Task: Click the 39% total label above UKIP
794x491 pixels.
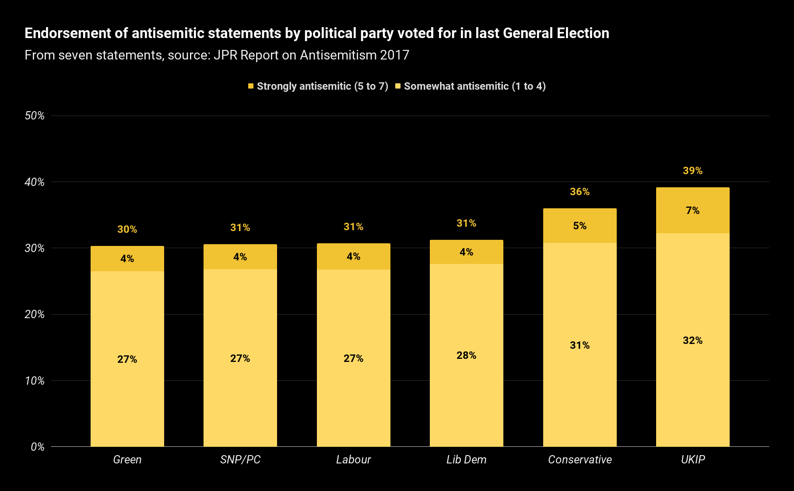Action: pos(692,171)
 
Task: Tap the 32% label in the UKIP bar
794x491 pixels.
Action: pos(692,340)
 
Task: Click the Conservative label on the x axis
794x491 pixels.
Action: pos(580,459)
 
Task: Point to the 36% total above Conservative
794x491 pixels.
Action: pos(580,192)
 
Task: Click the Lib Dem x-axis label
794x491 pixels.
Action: pos(466,459)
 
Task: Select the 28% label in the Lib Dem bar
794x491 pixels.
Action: pos(466,355)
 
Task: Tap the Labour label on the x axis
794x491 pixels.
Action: pos(353,459)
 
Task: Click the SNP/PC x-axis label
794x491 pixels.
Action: pos(240,459)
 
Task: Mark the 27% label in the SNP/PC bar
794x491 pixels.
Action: pos(240,358)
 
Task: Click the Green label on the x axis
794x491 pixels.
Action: pos(127,459)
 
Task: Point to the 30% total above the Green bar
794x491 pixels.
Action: pos(127,229)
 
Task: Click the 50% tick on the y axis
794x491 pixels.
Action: pos(35,116)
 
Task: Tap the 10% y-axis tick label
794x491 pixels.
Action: pos(35,381)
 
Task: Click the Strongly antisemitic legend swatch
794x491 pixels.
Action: pos(251,86)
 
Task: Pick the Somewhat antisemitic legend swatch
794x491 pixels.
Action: pos(398,86)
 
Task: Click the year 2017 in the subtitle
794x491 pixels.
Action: pos(394,55)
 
